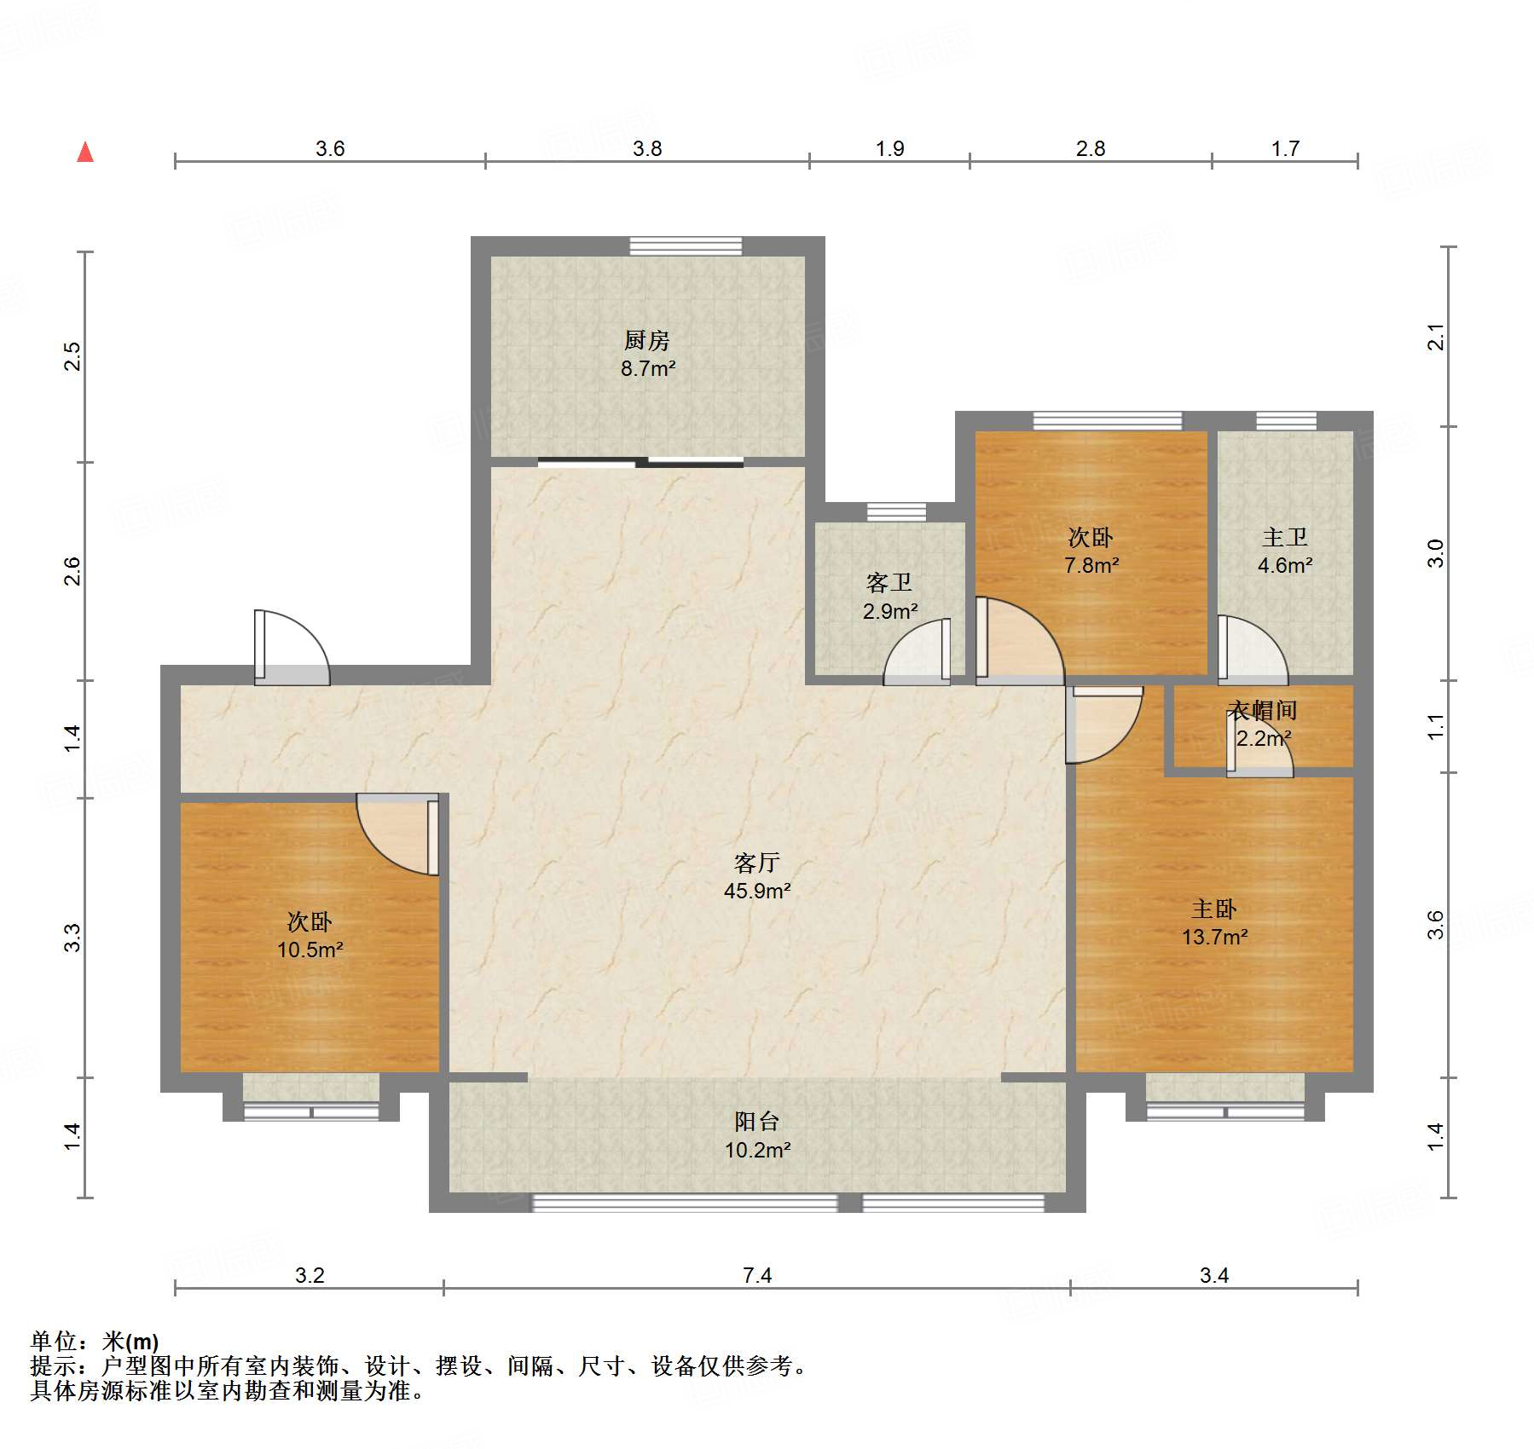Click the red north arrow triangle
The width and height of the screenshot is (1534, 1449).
pos(85,152)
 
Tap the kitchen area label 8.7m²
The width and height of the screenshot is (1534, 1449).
pos(648,369)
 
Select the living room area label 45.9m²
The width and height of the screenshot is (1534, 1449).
pos(757,892)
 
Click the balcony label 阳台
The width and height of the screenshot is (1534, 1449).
pos(757,1122)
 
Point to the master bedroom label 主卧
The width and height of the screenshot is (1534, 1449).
pos(1214,909)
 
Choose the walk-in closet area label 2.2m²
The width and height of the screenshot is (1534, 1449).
pos(1264,738)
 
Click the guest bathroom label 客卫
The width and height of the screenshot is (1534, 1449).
pos(889,583)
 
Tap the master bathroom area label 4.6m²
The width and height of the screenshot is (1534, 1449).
pos(1285,565)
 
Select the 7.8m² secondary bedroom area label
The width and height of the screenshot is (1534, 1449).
pos(1091,565)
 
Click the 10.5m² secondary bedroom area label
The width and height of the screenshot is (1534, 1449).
pos(310,950)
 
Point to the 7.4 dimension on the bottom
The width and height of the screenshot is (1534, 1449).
pos(757,1275)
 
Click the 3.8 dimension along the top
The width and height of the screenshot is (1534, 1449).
pos(647,148)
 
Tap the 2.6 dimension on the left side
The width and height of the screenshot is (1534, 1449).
pos(72,571)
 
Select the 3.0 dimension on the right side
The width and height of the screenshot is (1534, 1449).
pos(1437,554)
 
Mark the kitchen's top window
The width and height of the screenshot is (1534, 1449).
pos(686,246)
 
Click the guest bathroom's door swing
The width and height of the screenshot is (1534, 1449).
pos(917,652)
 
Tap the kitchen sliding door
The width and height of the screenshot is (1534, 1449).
pos(640,463)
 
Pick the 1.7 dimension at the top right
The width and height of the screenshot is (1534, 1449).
pos(1285,148)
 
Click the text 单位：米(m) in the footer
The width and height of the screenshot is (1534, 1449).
pos(95,1342)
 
